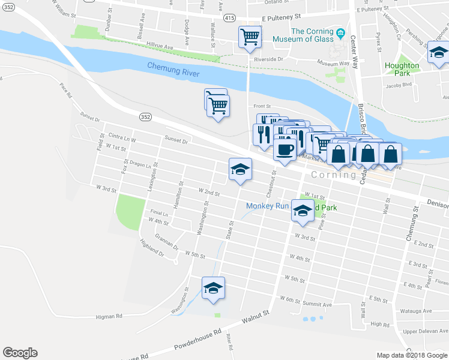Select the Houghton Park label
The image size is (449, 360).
pos(402,69)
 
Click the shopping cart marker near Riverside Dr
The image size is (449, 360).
pos(250,37)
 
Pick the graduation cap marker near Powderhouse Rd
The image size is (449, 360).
pos(213,289)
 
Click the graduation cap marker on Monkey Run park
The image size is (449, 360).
pos(303,211)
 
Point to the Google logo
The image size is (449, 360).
pos(20,353)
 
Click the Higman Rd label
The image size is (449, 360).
pos(109,316)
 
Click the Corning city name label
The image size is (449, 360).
pos(334,175)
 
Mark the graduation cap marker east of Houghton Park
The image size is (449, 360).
pos(439,55)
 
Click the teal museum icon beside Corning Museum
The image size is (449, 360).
pos(341,32)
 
